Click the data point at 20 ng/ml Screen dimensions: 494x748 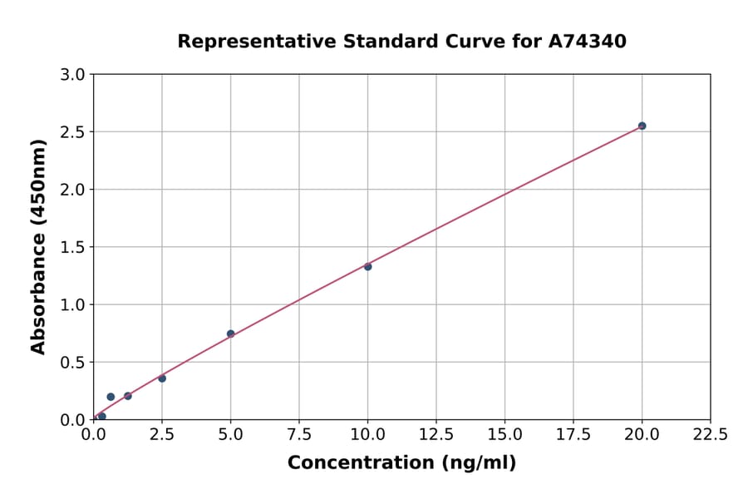(x=642, y=126)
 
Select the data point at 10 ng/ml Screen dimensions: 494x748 (x=367, y=266)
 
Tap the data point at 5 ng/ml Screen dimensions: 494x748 (x=231, y=333)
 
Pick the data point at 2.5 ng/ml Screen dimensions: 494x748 (x=162, y=378)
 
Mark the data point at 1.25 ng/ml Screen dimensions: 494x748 (x=128, y=396)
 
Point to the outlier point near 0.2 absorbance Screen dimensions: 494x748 (x=111, y=397)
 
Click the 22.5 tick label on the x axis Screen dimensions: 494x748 (x=710, y=434)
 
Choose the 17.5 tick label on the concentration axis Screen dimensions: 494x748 (x=573, y=434)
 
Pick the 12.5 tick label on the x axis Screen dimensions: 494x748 (x=436, y=434)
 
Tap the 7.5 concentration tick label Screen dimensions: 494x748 (x=299, y=434)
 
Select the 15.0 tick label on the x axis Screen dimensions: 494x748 (x=504, y=434)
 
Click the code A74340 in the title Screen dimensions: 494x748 (x=588, y=41)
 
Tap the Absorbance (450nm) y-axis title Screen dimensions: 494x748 (x=38, y=246)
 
